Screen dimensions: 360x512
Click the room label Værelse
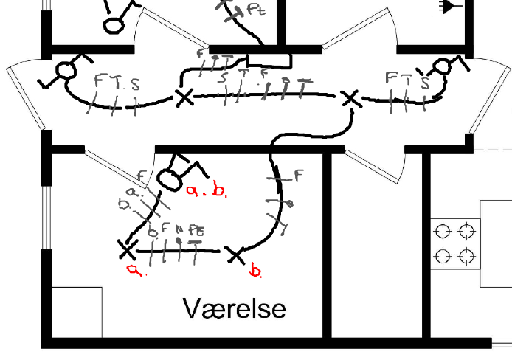(x=234, y=308)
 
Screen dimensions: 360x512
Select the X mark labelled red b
(x=235, y=255)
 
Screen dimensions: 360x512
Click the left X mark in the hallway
(x=183, y=97)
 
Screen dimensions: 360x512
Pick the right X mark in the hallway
(x=350, y=98)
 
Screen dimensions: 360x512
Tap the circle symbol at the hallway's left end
(x=66, y=71)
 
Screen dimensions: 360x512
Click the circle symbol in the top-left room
(x=113, y=24)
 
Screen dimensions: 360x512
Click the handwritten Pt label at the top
(x=255, y=10)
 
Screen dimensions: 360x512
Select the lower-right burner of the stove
(x=466, y=256)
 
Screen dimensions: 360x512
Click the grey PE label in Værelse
(x=196, y=230)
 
